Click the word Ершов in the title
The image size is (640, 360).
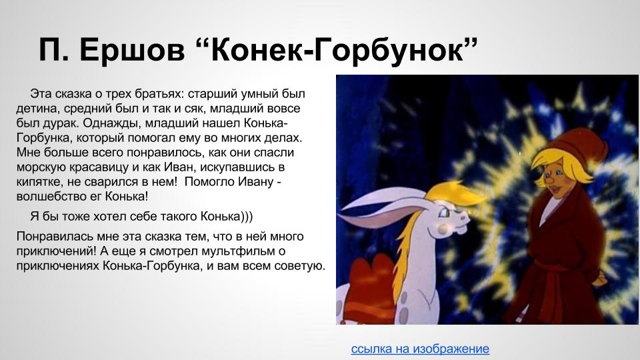pos(132,50)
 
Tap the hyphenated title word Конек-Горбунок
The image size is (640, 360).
pos(337,49)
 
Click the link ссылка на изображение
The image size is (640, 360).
pos(420,349)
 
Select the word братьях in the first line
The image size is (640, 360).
pos(157,94)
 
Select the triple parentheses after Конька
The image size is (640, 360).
pos(246,216)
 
